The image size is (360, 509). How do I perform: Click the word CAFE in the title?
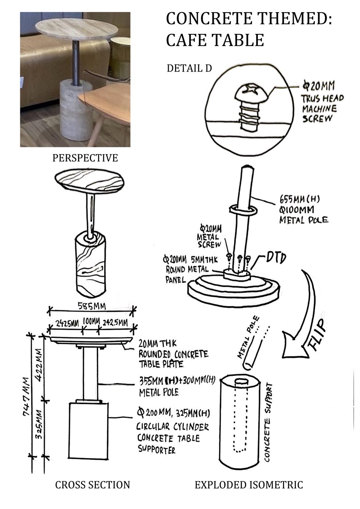(192, 40)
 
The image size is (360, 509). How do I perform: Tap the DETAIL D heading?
(189, 69)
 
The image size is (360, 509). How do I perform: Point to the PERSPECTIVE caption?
(85, 158)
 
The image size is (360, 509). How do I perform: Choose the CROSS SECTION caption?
(92, 485)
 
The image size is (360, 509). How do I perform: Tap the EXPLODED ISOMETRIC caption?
(249, 485)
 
